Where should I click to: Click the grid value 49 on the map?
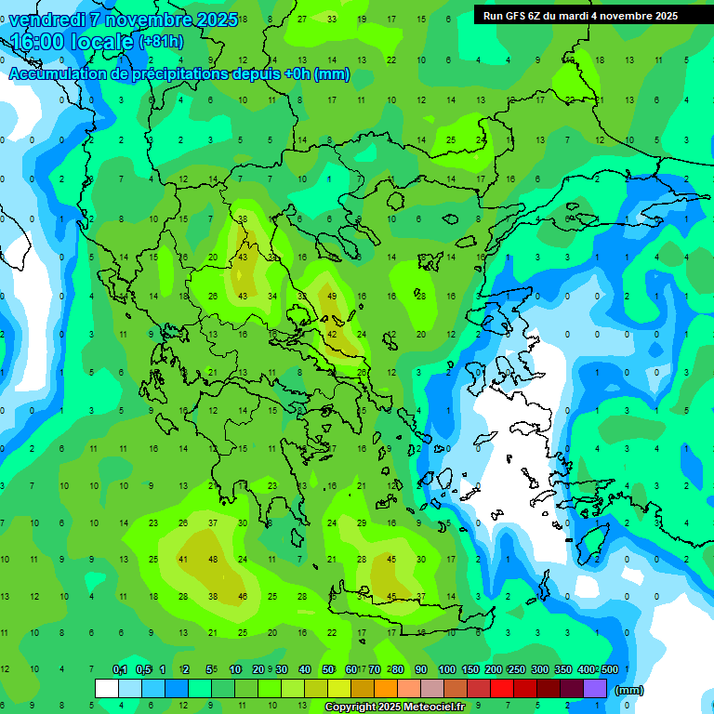point(332,296)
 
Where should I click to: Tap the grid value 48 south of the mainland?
point(213,559)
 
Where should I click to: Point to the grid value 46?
point(243,596)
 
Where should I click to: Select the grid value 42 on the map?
point(332,334)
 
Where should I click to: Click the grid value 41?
point(183,559)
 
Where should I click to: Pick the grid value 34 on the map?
point(272,296)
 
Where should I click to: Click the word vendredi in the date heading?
point(46,19)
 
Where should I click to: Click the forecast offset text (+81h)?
point(161,42)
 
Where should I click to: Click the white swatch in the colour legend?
point(107,689)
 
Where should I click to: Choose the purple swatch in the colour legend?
point(595,689)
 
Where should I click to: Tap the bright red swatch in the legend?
point(502,689)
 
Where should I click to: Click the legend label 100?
point(447,669)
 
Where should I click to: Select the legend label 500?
point(609,669)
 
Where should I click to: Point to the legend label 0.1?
point(120,669)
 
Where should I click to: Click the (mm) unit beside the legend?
point(629,690)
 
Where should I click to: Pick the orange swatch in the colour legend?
point(386,689)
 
